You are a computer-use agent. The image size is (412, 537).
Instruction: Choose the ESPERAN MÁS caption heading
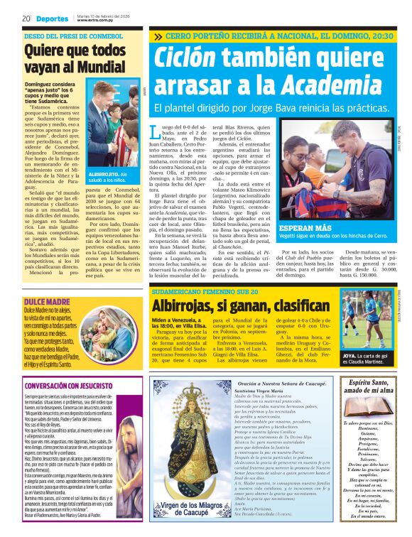305,229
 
